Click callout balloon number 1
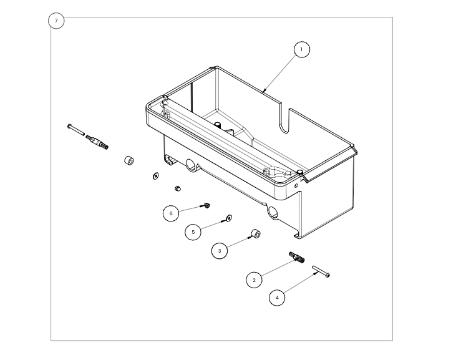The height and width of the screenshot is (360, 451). click(301, 49)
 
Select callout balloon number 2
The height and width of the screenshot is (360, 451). click(254, 280)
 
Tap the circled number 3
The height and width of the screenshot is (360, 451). click(220, 251)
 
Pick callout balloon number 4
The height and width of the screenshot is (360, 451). click(277, 298)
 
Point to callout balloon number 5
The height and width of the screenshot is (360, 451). click(193, 232)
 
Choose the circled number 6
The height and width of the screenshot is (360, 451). click(172, 213)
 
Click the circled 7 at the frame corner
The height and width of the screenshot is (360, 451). click(56, 21)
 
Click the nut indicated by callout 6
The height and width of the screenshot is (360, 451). click(206, 205)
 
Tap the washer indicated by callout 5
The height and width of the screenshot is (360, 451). click(228, 218)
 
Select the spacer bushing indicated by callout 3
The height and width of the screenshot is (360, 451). click(255, 234)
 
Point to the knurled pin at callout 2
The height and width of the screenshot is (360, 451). click(296, 257)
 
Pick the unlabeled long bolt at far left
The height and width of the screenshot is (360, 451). click(75, 129)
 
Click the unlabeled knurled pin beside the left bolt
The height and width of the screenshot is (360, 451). click(98, 142)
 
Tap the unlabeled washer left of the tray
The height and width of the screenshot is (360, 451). click(155, 176)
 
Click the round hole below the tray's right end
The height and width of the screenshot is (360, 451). click(273, 213)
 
